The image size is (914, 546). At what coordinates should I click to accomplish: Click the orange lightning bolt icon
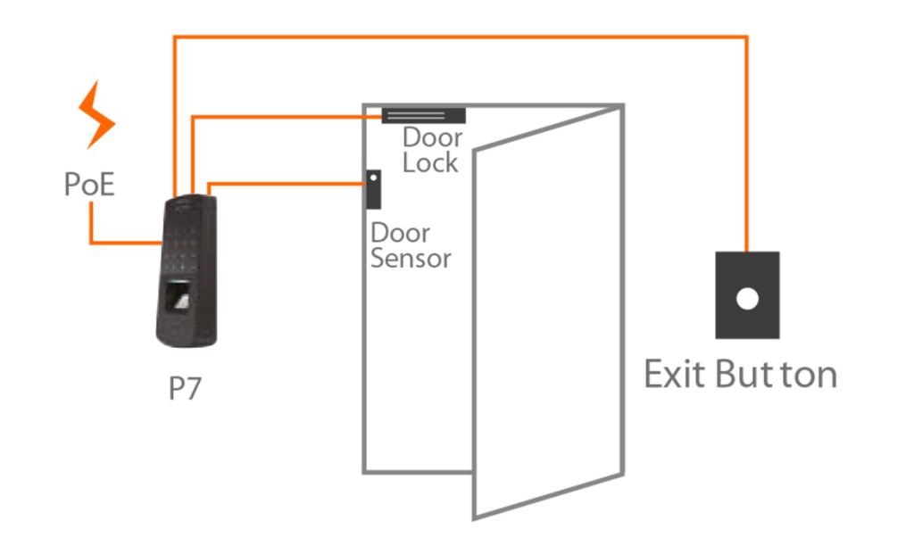click(96, 115)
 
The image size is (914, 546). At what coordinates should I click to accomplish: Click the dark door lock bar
click(423, 115)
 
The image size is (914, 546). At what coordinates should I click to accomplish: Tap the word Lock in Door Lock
click(430, 163)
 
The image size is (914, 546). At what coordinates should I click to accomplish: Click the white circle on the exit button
click(747, 298)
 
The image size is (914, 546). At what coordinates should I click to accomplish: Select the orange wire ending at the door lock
click(286, 115)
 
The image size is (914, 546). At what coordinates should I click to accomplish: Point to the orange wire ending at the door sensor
click(286, 185)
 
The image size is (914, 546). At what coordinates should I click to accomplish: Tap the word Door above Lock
click(432, 138)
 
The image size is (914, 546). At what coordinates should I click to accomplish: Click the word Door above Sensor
click(400, 234)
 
